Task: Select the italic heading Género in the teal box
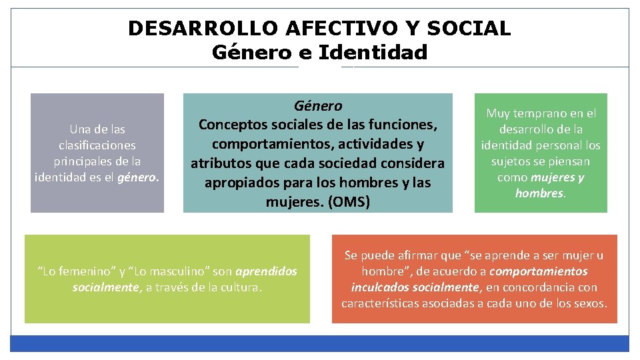tap(318, 106)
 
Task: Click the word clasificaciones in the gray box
tap(97, 145)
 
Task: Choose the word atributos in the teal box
tap(219, 163)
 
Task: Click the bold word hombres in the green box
tap(539, 193)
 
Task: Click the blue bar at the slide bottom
tap(320, 343)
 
